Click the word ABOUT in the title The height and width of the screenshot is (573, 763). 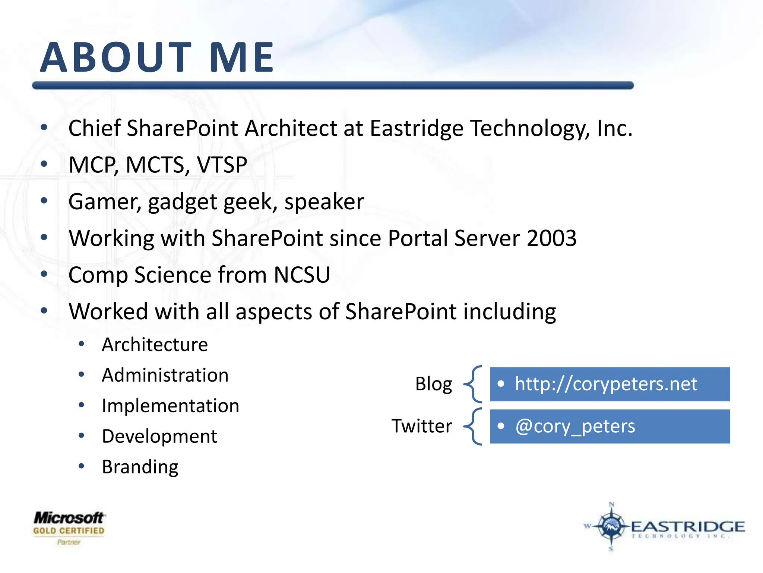point(115,57)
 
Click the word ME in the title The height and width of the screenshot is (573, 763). point(241,57)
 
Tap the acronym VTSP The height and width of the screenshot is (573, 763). point(222,165)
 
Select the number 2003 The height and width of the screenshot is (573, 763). point(551,238)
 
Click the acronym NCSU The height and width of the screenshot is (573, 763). point(302,275)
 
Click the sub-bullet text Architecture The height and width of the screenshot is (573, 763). point(155,344)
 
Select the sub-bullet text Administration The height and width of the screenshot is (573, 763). point(165,375)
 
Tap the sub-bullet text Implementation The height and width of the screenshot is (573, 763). point(170,406)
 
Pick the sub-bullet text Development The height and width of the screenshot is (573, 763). point(159,436)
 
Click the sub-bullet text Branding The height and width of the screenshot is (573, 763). point(140,467)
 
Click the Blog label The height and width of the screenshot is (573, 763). point(434,384)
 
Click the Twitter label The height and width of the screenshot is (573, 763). point(422,426)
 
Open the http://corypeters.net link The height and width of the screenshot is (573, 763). point(606,384)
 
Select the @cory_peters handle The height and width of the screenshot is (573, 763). point(575,426)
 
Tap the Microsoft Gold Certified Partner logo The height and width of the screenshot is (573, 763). point(69,527)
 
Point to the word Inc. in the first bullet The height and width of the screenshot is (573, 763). point(614,128)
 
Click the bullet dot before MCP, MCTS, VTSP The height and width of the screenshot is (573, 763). point(44,164)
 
